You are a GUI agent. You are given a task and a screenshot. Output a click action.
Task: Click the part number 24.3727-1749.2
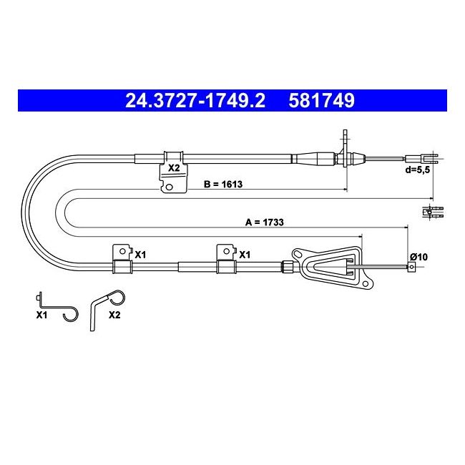pyautogui.click(x=195, y=101)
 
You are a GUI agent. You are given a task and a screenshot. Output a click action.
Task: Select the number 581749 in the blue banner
pyautogui.click(x=321, y=101)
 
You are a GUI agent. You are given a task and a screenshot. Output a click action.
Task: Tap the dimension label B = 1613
pyautogui.click(x=223, y=184)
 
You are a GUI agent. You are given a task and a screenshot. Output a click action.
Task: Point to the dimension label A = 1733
pyautogui.click(x=264, y=222)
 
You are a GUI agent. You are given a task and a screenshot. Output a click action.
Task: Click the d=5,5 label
pyautogui.click(x=417, y=170)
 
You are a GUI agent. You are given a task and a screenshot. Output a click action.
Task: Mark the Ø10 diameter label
pyautogui.click(x=418, y=257)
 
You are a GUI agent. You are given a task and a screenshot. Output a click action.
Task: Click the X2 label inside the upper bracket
pyautogui.click(x=174, y=168)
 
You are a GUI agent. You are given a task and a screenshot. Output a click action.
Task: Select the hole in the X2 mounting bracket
pyautogui.click(x=169, y=187)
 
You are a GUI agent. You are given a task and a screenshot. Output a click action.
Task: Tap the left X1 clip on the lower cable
pyautogui.click(x=122, y=258)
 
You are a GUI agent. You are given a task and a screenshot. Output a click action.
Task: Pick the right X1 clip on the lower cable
pyautogui.click(x=226, y=258)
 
